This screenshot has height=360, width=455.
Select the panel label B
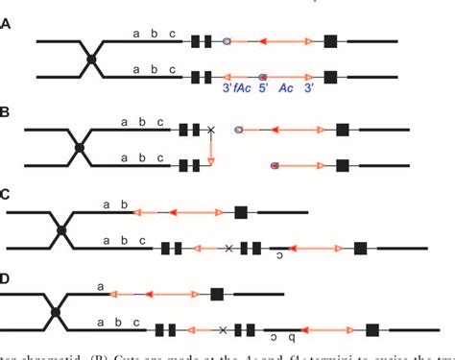[7, 113]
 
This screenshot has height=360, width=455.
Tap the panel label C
[7, 195]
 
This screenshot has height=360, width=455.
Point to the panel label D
[7, 279]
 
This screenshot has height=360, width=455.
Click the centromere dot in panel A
[91, 60]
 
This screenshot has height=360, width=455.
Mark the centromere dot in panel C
[62, 229]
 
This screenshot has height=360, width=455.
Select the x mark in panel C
[227, 248]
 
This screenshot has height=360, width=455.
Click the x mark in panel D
[222, 330]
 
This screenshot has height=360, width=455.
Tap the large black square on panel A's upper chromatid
[331, 41]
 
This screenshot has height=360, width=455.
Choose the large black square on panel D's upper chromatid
[218, 294]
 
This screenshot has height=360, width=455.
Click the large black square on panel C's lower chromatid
[360, 248]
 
